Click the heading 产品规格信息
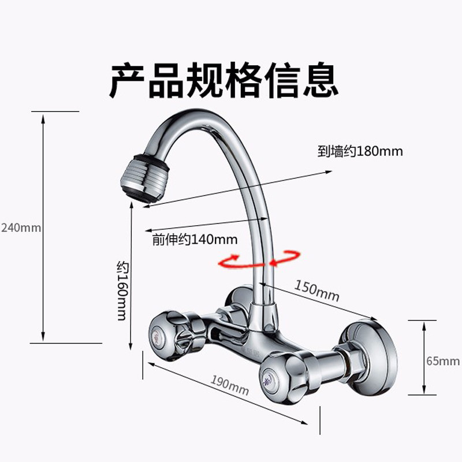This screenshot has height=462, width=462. (224, 80)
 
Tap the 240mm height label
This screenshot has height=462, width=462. (21, 228)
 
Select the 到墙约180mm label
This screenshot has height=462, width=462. (359, 152)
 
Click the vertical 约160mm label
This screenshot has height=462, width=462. (121, 292)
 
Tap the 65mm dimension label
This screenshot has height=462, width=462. (443, 362)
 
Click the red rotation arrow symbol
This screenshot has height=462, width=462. (259, 259)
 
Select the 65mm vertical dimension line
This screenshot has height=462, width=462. (425, 357)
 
